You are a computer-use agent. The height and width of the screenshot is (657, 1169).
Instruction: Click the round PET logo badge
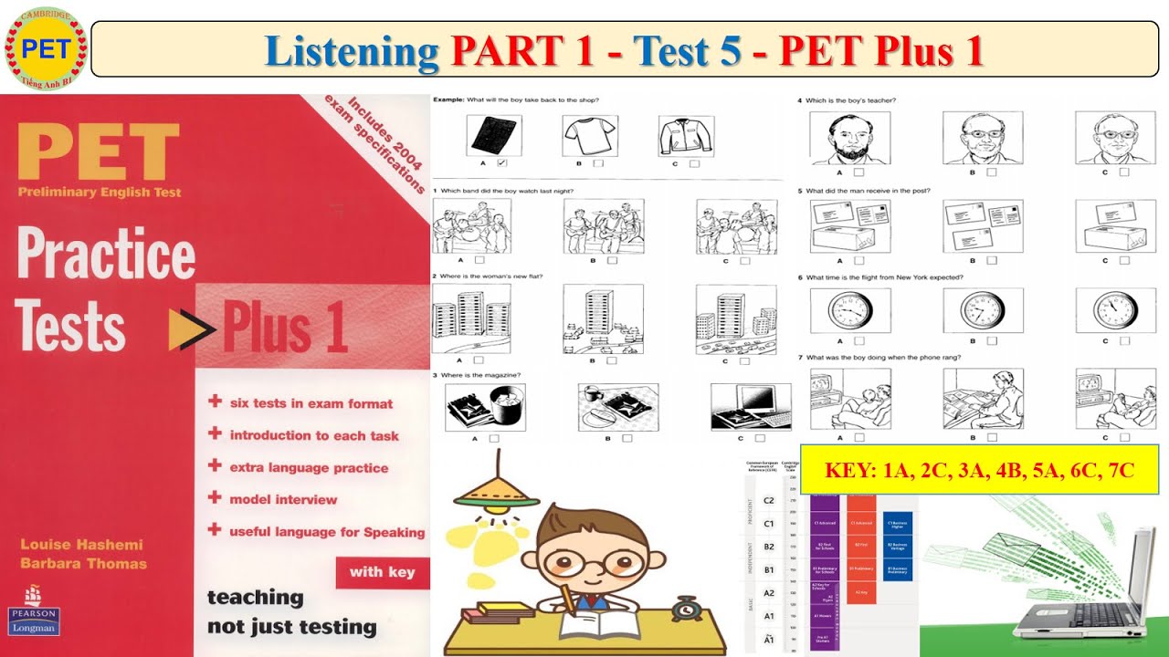tap(46, 47)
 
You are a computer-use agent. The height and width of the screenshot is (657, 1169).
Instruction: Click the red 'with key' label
tap(382, 572)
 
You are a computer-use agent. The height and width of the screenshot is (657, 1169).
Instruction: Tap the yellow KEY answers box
tap(979, 471)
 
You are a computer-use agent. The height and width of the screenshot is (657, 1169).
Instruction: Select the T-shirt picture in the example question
tap(589, 137)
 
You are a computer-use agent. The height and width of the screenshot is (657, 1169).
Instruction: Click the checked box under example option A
tap(501, 163)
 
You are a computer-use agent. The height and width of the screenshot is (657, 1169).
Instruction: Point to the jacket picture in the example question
tap(685, 136)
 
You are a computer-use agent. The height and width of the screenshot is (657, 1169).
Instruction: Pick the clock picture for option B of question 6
tap(983, 311)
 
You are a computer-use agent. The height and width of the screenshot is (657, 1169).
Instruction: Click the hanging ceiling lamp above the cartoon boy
tap(497, 493)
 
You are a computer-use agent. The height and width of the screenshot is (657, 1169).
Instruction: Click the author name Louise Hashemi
tap(81, 545)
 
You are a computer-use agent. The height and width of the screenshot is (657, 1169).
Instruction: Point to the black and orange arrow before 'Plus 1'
tap(191, 329)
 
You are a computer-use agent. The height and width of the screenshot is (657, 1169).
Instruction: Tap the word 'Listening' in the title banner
tap(352, 51)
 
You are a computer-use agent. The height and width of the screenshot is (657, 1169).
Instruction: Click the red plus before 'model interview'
tap(215, 497)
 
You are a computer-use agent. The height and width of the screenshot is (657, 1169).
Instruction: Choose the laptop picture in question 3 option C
tap(751, 406)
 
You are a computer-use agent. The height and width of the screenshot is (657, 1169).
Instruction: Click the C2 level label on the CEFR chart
tap(768, 500)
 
